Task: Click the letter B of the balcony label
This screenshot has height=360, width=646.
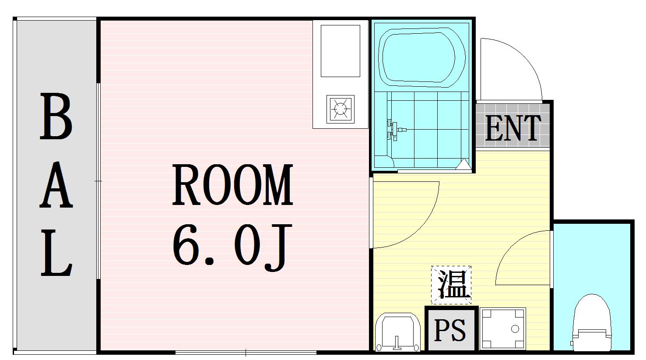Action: point(56,117)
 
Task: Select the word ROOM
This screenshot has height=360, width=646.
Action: point(232,185)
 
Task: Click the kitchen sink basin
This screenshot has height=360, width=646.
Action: point(340,51)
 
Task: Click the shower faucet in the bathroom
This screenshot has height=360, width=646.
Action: point(395,130)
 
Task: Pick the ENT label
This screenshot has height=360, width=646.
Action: point(513,128)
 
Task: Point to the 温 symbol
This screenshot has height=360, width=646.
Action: point(451,285)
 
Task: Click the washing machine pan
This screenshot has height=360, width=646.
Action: point(502,329)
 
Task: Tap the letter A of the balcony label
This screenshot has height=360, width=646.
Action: point(56,186)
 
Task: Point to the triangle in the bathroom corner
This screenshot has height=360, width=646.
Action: point(463,165)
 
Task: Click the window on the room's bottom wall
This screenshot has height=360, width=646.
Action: point(246,352)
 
